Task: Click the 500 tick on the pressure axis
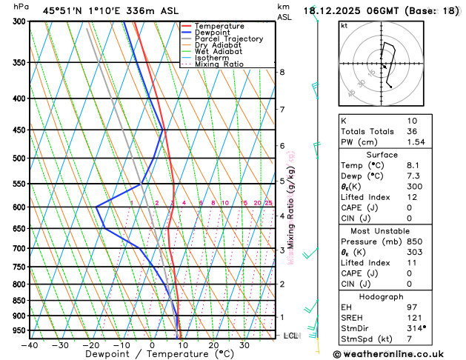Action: (x=19, y=159)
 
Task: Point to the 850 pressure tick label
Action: (x=19, y=301)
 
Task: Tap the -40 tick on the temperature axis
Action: (x=30, y=344)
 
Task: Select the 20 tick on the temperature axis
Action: (x=213, y=344)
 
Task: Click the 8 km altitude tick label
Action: (x=282, y=72)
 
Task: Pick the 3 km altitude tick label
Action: (x=282, y=250)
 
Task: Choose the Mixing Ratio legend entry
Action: (x=220, y=64)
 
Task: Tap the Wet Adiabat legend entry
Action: (x=219, y=52)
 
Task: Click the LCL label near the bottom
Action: (x=290, y=336)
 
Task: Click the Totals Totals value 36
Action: (x=412, y=131)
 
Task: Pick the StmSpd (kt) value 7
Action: (x=410, y=339)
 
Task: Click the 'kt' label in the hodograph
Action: (x=344, y=26)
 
